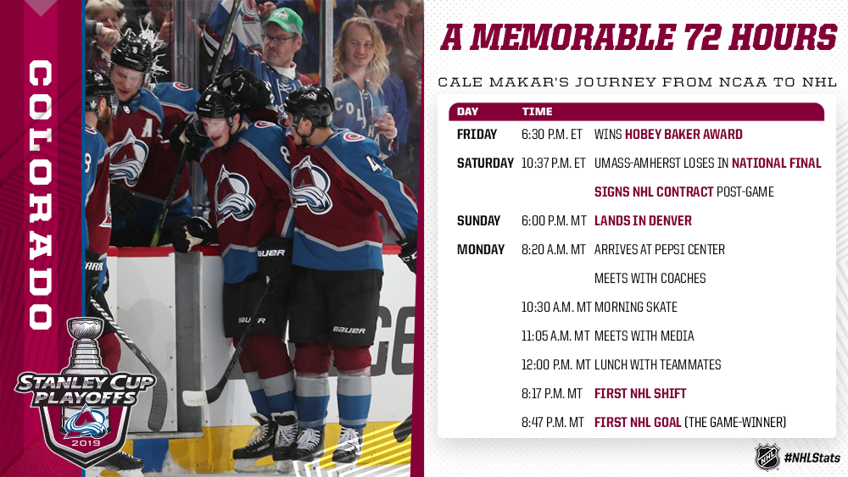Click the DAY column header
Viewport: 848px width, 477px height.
point(467,112)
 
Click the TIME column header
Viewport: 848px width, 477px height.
point(537,112)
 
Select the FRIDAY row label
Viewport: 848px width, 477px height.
point(477,135)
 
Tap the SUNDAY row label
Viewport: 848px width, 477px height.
point(478,221)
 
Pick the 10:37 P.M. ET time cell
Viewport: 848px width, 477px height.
point(553,164)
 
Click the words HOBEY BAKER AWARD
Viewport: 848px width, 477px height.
point(683,135)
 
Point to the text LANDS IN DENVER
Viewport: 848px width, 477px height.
point(643,221)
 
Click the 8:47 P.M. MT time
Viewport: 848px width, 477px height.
point(552,423)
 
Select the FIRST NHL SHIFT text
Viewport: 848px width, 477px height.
point(640,394)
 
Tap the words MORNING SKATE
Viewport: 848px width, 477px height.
point(636,308)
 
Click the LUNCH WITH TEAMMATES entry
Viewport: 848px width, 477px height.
point(658,365)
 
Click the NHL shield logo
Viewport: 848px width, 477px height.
point(767,457)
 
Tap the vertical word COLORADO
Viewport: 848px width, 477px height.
point(41,195)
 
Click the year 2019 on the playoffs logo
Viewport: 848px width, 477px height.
point(86,443)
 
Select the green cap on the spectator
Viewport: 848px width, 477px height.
point(282,20)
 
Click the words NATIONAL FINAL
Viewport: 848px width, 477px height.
point(776,164)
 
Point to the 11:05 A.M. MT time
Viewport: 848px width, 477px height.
point(555,336)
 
